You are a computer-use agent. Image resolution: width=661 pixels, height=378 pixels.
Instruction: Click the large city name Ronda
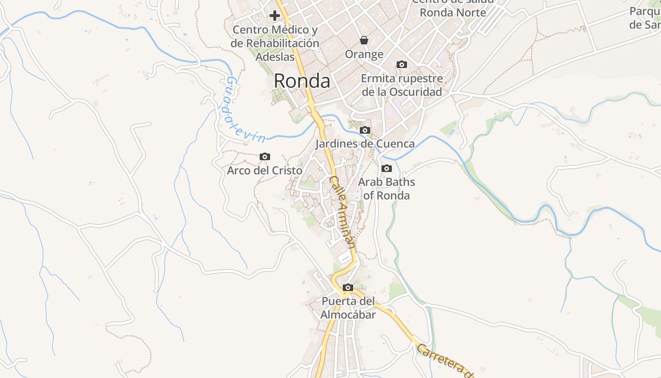click(302, 81)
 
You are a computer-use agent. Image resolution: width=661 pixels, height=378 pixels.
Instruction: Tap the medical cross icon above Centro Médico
click(274, 16)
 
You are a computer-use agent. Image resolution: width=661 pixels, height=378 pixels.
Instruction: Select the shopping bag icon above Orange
click(364, 40)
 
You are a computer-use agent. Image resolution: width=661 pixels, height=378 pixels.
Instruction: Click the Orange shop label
click(364, 54)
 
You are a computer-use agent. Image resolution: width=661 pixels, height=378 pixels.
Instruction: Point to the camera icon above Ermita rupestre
click(402, 64)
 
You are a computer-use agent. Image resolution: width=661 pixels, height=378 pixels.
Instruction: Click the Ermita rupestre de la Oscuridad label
click(402, 85)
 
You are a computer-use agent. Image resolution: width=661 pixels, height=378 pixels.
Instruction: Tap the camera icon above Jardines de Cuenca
click(364, 130)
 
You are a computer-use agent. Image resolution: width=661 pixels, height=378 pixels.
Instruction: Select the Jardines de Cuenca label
click(365, 144)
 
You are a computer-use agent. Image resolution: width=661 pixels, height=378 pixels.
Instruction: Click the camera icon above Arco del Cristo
click(265, 156)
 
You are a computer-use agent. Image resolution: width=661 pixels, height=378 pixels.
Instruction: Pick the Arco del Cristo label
click(264, 170)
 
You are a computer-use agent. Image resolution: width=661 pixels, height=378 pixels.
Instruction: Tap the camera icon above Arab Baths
click(386, 168)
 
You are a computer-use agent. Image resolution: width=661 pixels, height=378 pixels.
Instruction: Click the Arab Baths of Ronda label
click(386, 189)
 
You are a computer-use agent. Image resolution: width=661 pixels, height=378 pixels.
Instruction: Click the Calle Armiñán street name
click(342, 212)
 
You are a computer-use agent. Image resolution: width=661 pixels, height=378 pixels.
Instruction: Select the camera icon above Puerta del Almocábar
click(348, 287)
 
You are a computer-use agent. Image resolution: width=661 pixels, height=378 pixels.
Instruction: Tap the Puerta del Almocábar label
click(348, 308)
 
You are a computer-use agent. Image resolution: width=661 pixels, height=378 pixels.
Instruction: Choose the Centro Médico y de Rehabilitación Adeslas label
click(275, 43)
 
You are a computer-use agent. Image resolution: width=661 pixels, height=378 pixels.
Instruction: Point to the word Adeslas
click(275, 57)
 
